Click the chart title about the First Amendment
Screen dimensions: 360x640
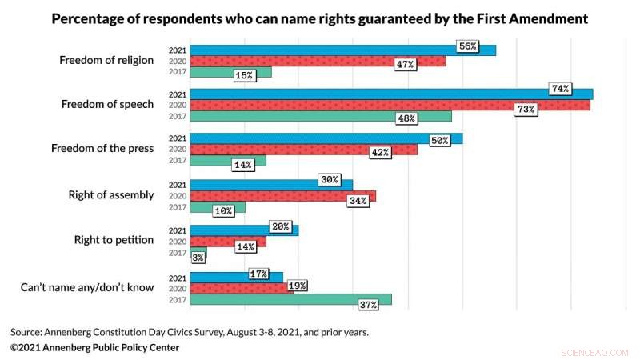point(320,18)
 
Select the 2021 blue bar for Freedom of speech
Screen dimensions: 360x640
point(391,94)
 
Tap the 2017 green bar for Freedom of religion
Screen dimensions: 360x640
point(230,72)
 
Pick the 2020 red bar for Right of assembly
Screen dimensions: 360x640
point(282,196)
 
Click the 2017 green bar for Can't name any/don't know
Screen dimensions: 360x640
point(290,299)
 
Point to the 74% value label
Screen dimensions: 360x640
point(560,89)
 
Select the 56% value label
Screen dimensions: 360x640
point(467,46)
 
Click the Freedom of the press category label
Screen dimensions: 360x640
point(102,150)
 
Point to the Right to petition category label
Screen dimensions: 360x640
point(114,240)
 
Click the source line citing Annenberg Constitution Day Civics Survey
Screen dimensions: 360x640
point(190,331)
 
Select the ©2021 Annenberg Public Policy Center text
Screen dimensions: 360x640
point(94,347)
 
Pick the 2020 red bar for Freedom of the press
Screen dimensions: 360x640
point(303,150)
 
